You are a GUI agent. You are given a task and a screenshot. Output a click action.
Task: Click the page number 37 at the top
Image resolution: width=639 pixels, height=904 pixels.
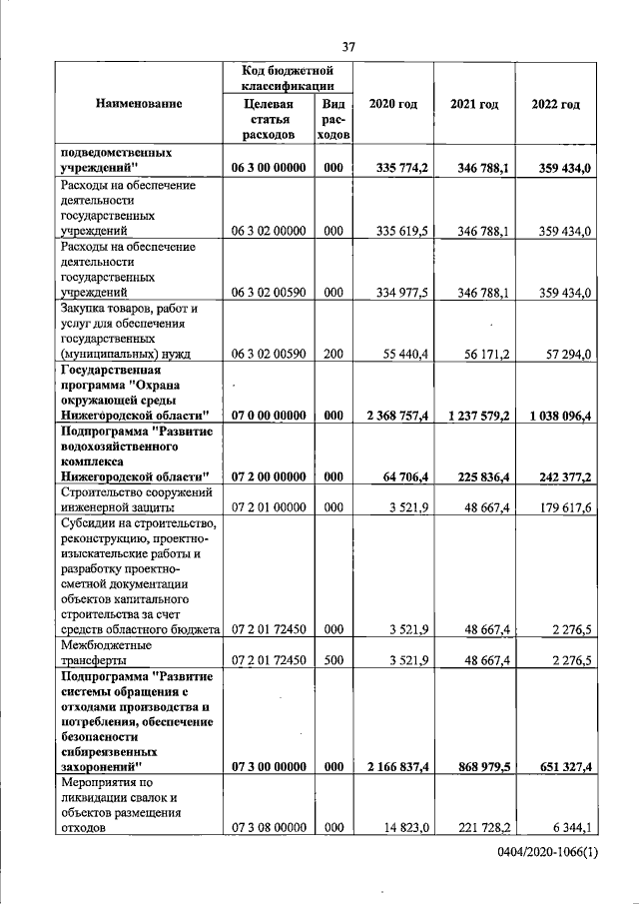point(349,46)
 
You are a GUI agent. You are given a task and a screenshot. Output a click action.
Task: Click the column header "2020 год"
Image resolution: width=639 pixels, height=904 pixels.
point(393,105)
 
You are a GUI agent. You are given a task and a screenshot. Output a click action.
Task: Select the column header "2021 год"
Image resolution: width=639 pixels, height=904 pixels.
point(474,105)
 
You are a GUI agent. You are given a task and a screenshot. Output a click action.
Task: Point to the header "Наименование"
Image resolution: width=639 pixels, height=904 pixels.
point(139,104)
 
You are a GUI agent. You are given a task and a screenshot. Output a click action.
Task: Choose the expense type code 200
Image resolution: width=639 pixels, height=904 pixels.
point(333,355)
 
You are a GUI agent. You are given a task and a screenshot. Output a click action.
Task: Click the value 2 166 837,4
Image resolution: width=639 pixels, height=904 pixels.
point(393,766)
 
